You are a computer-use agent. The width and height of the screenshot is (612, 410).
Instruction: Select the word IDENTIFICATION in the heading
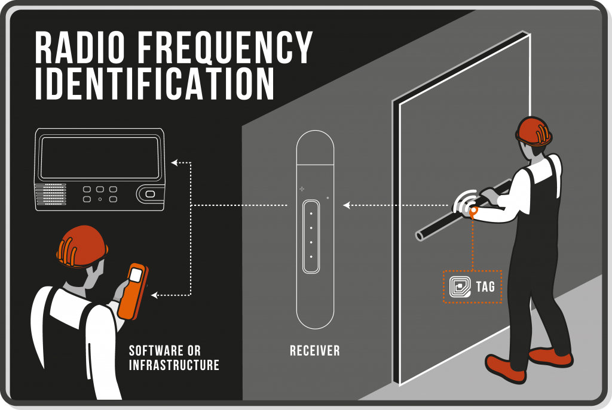click(154, 84)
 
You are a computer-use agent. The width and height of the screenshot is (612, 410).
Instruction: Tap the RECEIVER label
click(314, 351)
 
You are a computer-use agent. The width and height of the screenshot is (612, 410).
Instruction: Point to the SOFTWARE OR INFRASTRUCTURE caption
click(174, 357)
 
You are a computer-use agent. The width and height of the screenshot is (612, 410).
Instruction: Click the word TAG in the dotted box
click(485, 287)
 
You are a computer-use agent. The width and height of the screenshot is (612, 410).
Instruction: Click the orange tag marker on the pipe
click(473, 211)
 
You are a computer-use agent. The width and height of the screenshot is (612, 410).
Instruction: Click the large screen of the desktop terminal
click(100, 158)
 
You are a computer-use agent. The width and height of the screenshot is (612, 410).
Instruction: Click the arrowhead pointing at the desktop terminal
click(174, 162)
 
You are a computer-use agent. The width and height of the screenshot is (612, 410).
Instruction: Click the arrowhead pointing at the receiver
click(345, 206)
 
